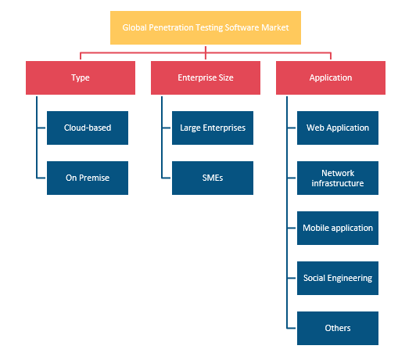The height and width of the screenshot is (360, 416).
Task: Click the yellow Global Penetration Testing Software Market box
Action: point(206,27)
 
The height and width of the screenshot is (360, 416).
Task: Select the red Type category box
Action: point(81,77)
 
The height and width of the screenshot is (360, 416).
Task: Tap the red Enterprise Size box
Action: point(206,77)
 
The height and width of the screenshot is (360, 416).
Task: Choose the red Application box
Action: point(331,77)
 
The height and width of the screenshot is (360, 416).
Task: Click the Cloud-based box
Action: point(88,128)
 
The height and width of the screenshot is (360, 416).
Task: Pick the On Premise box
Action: point(88,178)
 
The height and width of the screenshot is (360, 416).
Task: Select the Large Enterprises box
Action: point(213,128)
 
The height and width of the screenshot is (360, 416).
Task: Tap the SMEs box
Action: point(213,178)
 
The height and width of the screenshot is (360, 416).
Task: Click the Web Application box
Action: point(338,128)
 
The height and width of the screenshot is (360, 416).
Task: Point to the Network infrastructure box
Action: point(338,178)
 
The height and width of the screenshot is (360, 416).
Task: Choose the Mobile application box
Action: point(338,228)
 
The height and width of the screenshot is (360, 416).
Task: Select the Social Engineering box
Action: point(338,279)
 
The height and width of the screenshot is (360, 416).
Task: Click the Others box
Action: point(338,328)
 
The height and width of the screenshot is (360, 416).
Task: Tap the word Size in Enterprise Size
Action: point(226,77)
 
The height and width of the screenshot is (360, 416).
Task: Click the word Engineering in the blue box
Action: point(350,279)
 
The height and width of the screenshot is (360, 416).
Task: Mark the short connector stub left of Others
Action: point(292,328)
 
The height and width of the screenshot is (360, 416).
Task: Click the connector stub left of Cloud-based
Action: point(41,128)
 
